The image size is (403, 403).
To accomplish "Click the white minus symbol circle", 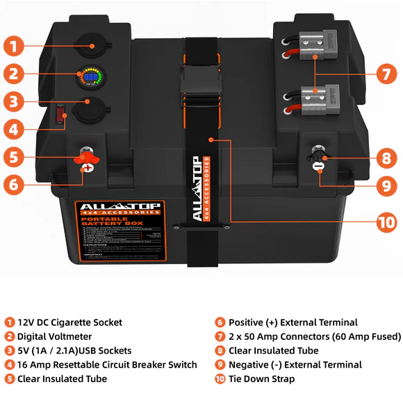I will pyautogui.click(x=318, y=167).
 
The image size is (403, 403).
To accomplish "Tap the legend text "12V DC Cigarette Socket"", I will pyautogui.click(x=69, y=322).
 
